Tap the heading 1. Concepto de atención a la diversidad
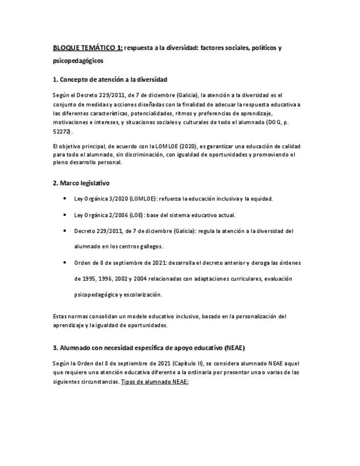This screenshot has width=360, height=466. (110, 80)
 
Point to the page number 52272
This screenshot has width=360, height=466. (62, 132)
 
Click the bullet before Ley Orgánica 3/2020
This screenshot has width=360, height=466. (65, 198)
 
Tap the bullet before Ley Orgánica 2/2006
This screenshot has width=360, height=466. (65, 215)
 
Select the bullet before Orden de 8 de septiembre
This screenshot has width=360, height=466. (65, 263)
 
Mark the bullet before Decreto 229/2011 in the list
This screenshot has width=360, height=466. (65, 231)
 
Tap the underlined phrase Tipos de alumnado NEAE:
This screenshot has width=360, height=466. (154, 381)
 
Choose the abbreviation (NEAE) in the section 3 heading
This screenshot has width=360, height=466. (235, 348)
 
